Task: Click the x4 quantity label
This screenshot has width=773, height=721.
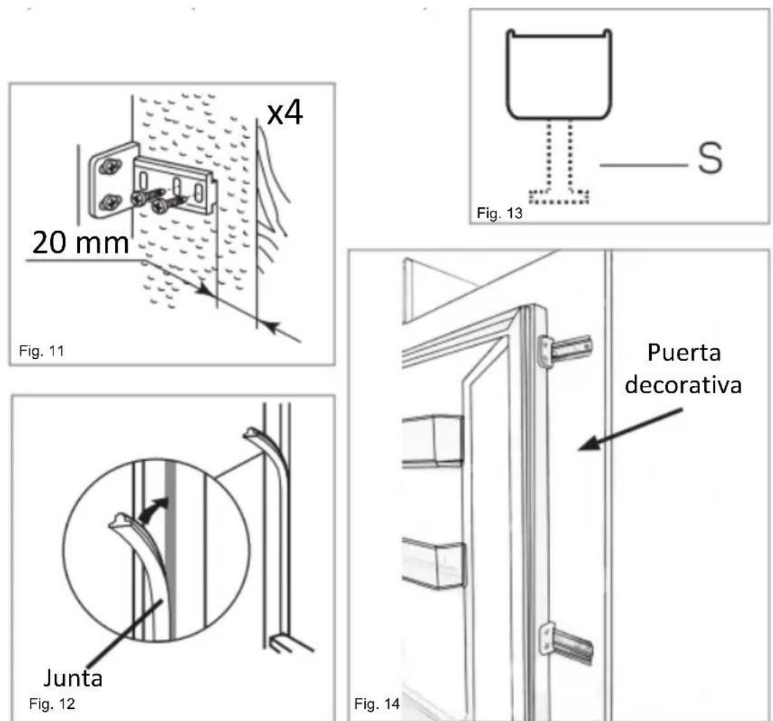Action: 283,115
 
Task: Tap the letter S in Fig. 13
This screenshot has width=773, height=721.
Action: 708,161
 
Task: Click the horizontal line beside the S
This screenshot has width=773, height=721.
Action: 642,164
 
